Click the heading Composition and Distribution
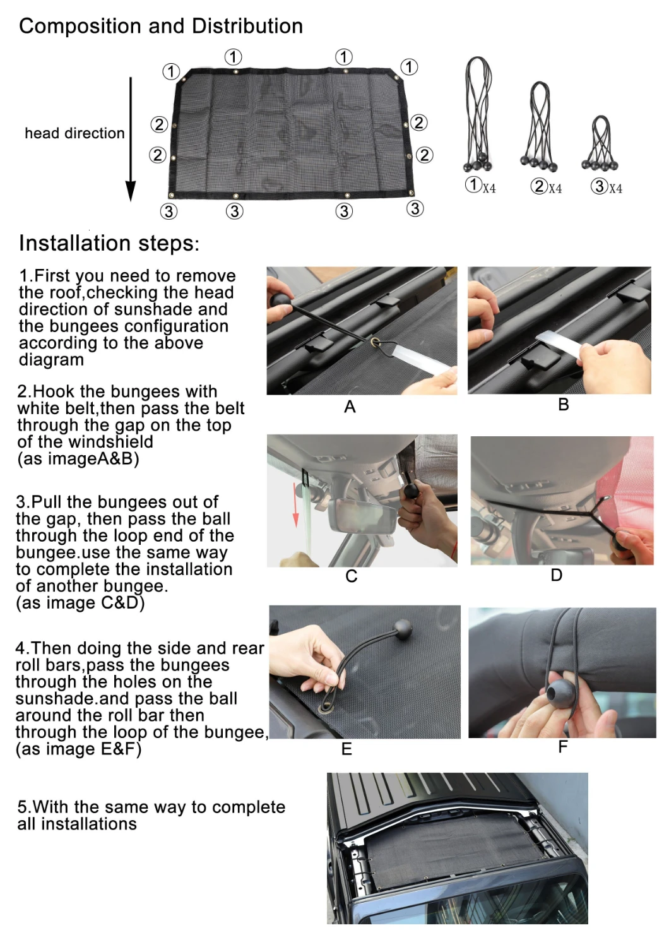pos(161,27)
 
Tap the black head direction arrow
pos(131,139)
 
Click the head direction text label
pos(75,133)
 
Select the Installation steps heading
pos(109,244)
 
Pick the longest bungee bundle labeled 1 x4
pos(478,114)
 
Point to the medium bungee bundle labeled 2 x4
pos(539,126)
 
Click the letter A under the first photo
pos(350,407)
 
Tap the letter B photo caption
pos(564,405)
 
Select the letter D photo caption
pos(557,575)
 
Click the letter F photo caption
pos(562,747)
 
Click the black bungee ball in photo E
pos(402,630)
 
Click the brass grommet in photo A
pos(374,342)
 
